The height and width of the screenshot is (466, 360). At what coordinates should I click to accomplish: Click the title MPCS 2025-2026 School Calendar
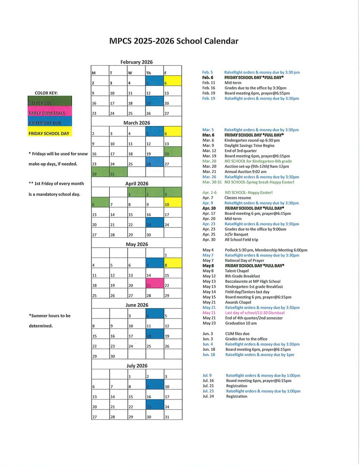[x=174, y=41]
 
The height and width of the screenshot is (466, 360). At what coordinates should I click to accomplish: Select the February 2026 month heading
[x=136, y=62]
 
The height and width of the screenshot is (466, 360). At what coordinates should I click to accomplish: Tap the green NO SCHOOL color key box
[x=50, y=103]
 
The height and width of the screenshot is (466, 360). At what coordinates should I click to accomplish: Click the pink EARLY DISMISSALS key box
[x=50, y=113]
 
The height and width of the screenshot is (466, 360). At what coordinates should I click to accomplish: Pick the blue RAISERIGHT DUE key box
[x=50, y=123]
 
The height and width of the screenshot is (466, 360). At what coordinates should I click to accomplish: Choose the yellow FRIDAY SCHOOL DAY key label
[x=49, y=133]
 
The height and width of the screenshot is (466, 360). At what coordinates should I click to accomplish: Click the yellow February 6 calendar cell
[x=172, y=83]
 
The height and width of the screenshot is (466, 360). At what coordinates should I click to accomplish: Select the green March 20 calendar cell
[x=172, y=154]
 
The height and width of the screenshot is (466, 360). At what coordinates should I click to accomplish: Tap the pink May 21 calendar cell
[x=154, y=285]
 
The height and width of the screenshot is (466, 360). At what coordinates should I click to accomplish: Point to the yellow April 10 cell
[x=172, y=204]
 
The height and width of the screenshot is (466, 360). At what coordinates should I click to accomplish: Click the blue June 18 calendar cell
[x=154, y=336]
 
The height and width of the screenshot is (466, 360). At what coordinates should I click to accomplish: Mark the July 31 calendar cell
[x=172, y=417]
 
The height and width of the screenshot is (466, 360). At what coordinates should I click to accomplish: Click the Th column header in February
[x=154, y=72]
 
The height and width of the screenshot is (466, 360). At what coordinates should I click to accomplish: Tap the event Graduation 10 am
[x=241, y=323]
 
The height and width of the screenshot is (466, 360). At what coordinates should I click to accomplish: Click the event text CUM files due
[x=237, y=334]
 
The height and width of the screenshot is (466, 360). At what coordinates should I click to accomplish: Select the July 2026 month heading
[x=136, y=366]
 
